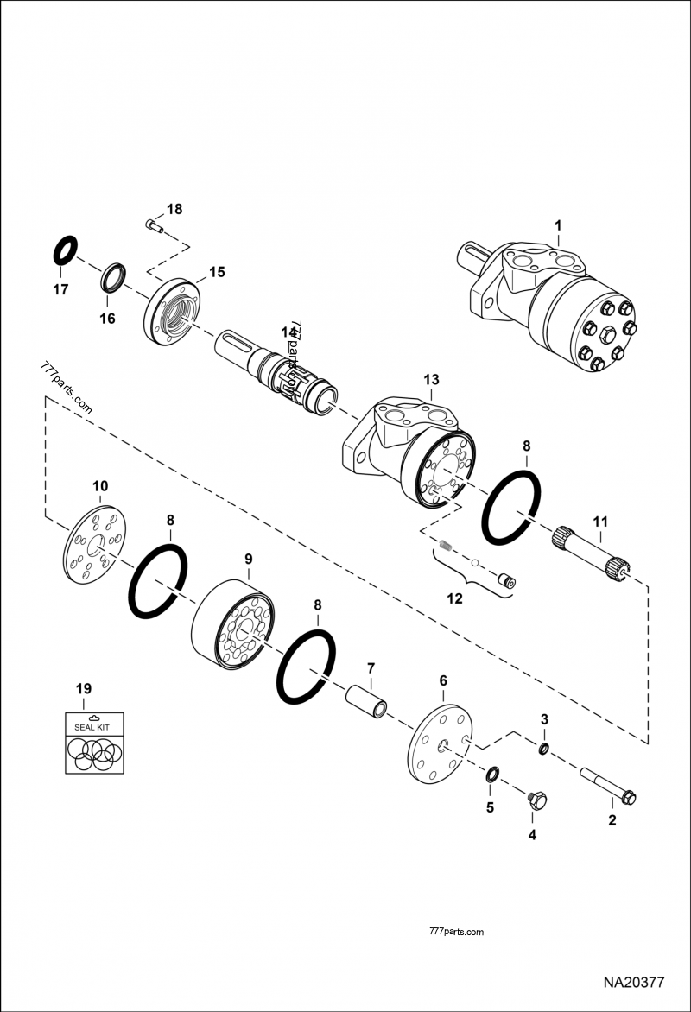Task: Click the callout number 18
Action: click(174, 209)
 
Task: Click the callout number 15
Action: click(216, 271)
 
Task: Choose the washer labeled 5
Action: click(491, 773)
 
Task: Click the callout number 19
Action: click(83, 688)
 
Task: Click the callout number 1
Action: click(558, 226)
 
